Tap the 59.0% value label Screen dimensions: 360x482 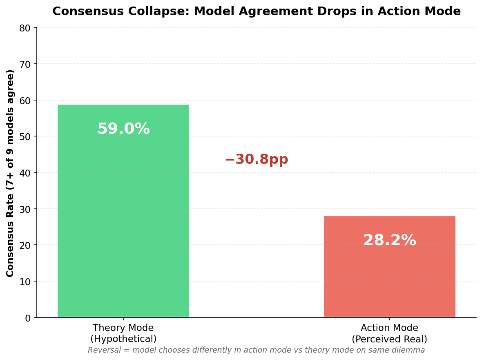123,129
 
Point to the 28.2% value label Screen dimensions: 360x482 389,241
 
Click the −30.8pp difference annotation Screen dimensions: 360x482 256,159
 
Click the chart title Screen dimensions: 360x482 256,11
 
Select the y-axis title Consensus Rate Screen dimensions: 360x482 10,173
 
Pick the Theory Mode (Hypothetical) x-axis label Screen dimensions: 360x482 123,333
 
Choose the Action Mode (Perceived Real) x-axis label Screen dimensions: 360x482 389,333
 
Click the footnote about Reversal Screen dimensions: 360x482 256,350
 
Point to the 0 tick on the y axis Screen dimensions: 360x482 28,318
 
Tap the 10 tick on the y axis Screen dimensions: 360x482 25,282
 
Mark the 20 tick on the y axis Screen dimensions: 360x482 25,245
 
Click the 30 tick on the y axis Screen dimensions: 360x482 25,209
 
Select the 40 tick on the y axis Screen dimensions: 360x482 25,173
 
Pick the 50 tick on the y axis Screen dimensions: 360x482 25,136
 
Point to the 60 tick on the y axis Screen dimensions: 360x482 25,101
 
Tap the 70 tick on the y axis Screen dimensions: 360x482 25,64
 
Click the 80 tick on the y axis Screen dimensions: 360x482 25,28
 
